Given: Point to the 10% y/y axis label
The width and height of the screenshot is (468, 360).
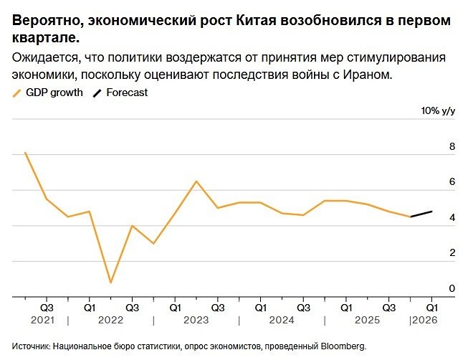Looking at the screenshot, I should point(439,111).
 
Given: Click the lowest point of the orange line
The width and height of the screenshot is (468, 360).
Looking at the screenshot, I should point(110,283).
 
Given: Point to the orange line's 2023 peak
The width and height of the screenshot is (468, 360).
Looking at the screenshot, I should point(196,181).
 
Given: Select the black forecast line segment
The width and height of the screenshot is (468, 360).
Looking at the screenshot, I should point(421,214).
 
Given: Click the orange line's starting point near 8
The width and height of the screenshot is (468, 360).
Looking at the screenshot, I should point(25,153).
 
